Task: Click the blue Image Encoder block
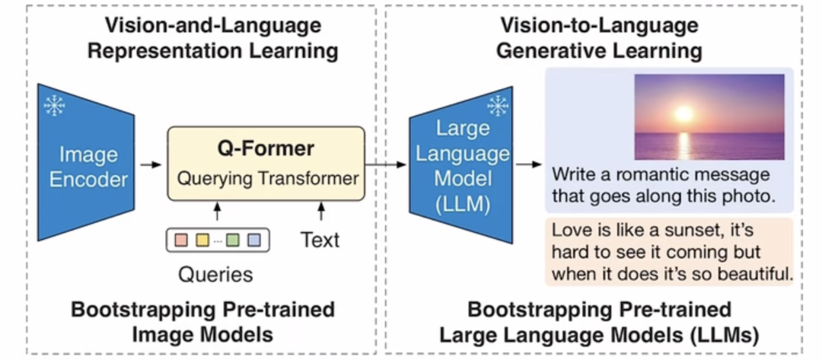[85, 162]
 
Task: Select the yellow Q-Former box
[266, 163]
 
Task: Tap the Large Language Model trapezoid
[460, 165]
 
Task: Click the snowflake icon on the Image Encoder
[54, 105]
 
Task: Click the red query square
[181, 241]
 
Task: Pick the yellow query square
[202, 241]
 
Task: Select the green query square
[233, 241]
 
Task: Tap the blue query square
[253, 241]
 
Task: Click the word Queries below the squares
[215, 274]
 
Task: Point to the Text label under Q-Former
[320, 240]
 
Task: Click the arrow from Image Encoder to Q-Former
[151, 164]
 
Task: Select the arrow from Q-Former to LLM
[386, 164]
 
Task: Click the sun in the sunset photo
[683, 113]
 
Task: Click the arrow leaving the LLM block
[528, 164]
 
